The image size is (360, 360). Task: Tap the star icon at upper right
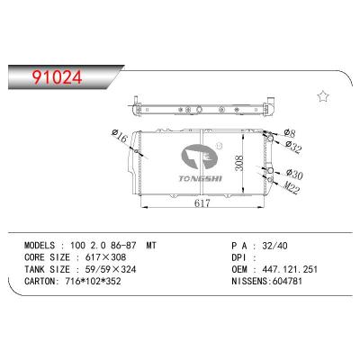point(322,96)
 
